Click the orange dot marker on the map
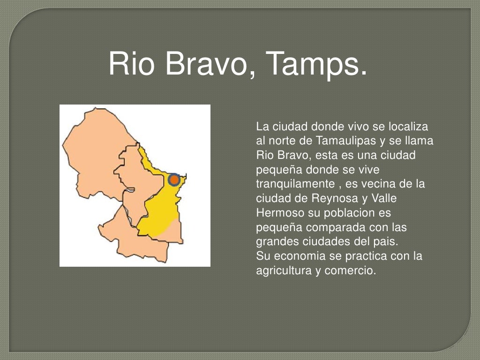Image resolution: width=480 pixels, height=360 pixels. (174, 180)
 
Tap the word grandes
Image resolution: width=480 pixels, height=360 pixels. (274, 242)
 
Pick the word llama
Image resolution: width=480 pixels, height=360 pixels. (421, 141)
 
